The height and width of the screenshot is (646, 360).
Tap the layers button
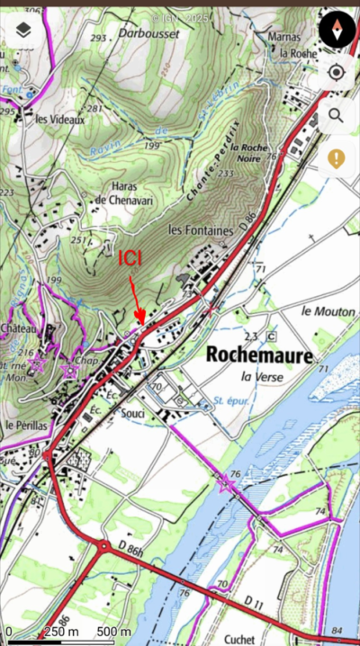click(x=23, y=31)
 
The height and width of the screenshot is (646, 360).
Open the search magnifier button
click(x=337, y=115)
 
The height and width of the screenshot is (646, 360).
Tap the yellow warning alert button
click(x=337, y=159)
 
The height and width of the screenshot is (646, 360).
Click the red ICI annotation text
click(x=130, y=258)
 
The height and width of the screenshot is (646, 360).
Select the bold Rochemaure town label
click(x=259, y=354)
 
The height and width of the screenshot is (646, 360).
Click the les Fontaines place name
click(x=201, y=230)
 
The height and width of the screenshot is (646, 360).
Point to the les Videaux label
click(x=59, y=118)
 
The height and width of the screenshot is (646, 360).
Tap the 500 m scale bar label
click(x=113, y=632)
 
